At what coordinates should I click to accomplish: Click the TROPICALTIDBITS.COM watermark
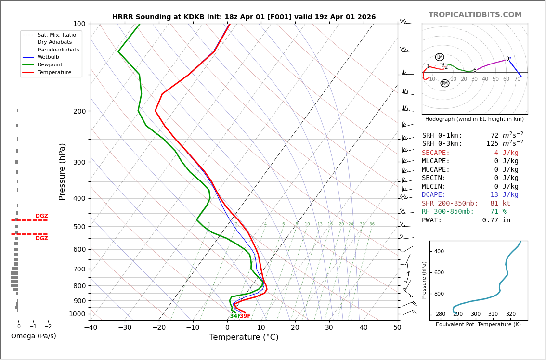pyautogui.click(x=475, y=15)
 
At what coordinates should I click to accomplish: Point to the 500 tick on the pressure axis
pyautogui.click(x=79, y=227)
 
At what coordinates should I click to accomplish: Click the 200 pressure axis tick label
pyautogui.click(x=79, y=111)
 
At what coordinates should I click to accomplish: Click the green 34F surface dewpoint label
pyautogui.click(x=234, y=316)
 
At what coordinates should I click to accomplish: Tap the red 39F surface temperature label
pyautogui.click(x=245, y=316)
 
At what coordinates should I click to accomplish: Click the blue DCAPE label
pyautogui.click(x=436, y=195)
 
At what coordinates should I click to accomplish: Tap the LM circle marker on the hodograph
pyautogui.click(x=440, y=57)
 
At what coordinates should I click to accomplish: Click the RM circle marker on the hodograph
pyautogui.click(x=445, y=83)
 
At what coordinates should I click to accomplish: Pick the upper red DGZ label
pyautogui.click(x=41, y=216)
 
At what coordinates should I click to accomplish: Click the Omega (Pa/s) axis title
pyautogui.click(x=33, y=336)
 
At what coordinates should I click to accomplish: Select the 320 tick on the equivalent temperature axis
pyautogui.click(x=510, y=314)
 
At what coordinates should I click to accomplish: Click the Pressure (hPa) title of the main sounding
pyautogui.click(x=62, y=171)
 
